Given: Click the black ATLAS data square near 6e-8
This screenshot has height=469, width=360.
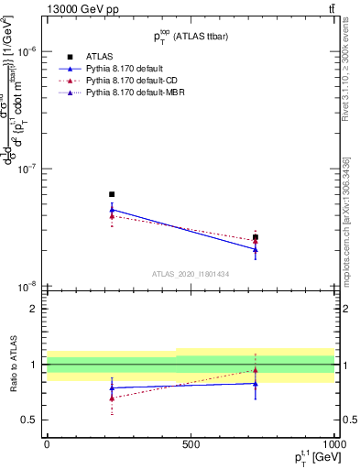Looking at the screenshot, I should point(112,194).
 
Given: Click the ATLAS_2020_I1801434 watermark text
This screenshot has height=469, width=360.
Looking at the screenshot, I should point(189,274).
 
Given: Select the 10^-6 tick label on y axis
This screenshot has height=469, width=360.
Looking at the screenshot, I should point(27,52).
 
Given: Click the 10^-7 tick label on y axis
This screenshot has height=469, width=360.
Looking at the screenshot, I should point(27,169).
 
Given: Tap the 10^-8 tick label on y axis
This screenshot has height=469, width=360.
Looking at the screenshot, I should point(27,286).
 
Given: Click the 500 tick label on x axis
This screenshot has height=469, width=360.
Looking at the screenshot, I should point(191,444).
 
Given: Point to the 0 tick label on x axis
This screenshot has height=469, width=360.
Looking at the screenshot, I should point(47,444).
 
